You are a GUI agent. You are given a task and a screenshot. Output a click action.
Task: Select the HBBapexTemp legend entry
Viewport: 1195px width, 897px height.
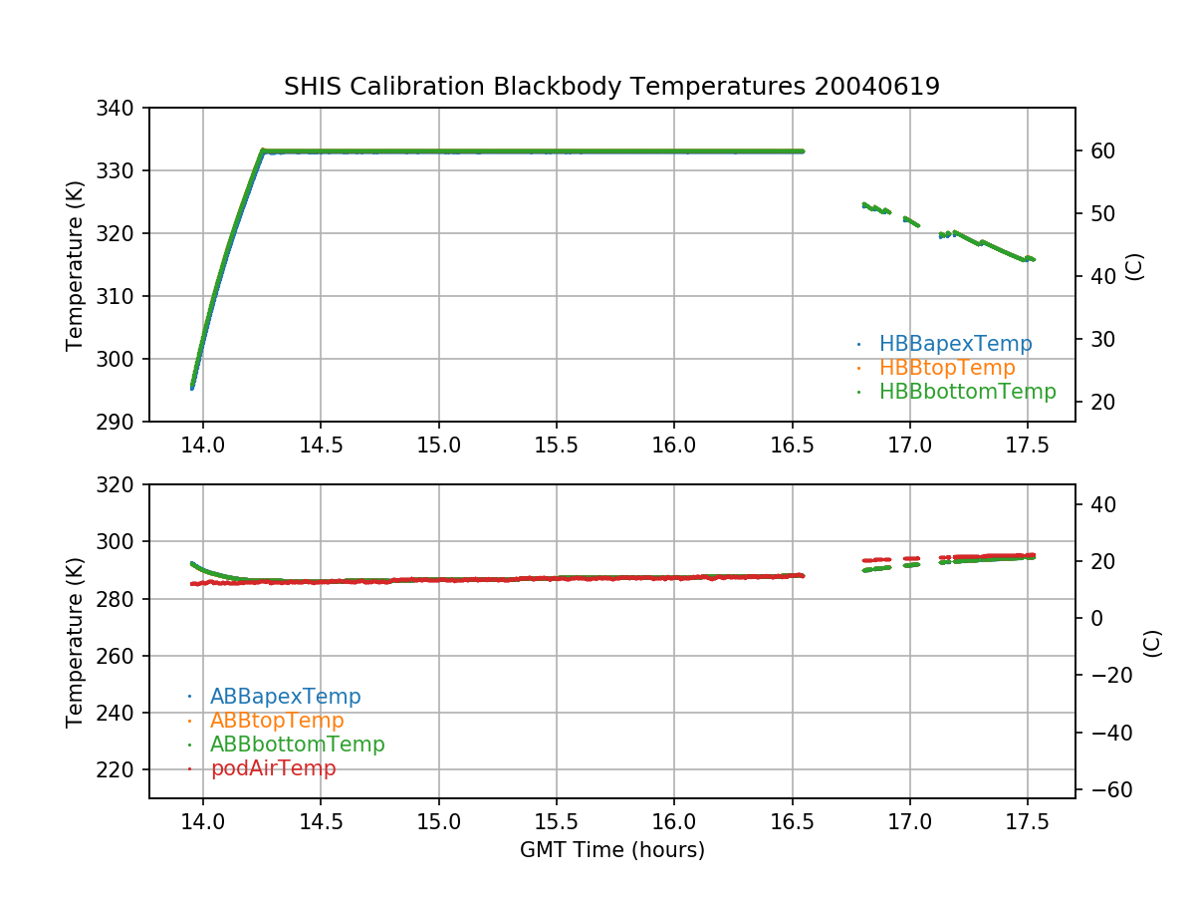(x=955, y=344)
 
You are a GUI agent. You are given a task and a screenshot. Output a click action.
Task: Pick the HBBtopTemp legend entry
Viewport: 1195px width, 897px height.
(x=946, y=368)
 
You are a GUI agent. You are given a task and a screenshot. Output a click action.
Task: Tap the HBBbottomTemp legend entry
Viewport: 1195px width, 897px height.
(x=967, y=392)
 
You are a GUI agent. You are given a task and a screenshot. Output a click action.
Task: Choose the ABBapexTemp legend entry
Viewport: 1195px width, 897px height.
(x=285, y=697)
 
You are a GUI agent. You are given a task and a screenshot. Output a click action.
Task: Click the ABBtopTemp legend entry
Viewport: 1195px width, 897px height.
(x=277, y=721)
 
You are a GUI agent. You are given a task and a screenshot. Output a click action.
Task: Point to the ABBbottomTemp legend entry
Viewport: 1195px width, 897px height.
(x=297, y=745)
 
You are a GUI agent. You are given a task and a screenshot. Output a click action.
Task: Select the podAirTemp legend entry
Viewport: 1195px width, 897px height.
(x=273, y=768)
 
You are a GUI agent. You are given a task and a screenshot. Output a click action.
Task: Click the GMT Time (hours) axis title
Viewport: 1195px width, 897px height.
(x=611, y=850)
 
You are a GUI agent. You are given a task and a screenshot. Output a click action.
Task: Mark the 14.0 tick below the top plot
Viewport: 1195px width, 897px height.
(x=203, y=445)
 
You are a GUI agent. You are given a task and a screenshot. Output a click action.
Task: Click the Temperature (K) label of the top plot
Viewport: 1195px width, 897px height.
(x=75, y=264)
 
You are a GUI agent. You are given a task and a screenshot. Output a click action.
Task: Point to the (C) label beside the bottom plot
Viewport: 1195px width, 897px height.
(x=1152, y=642)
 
